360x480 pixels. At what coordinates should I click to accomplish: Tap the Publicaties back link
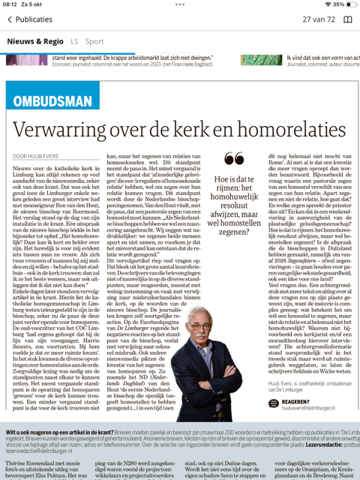[x=28, y=19]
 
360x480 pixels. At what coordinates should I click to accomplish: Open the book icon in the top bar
[x=347, y=19]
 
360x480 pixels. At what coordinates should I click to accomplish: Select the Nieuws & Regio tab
[x=36, y=41]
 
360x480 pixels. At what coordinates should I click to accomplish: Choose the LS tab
[x=74, y=41]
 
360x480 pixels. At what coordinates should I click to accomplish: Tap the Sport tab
[x=94, y=41]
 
